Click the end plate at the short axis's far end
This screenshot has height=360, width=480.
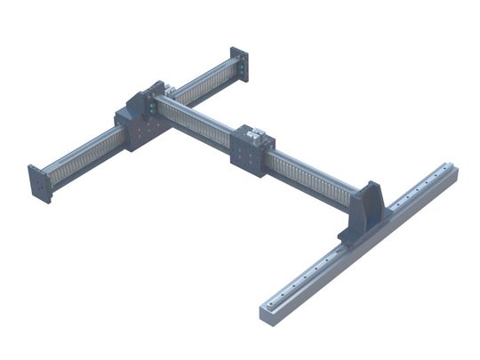click(x=239, y=66)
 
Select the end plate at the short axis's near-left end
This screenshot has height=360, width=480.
click(x=38, y=184)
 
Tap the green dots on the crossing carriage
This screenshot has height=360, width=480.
click(x=152, y=108)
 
